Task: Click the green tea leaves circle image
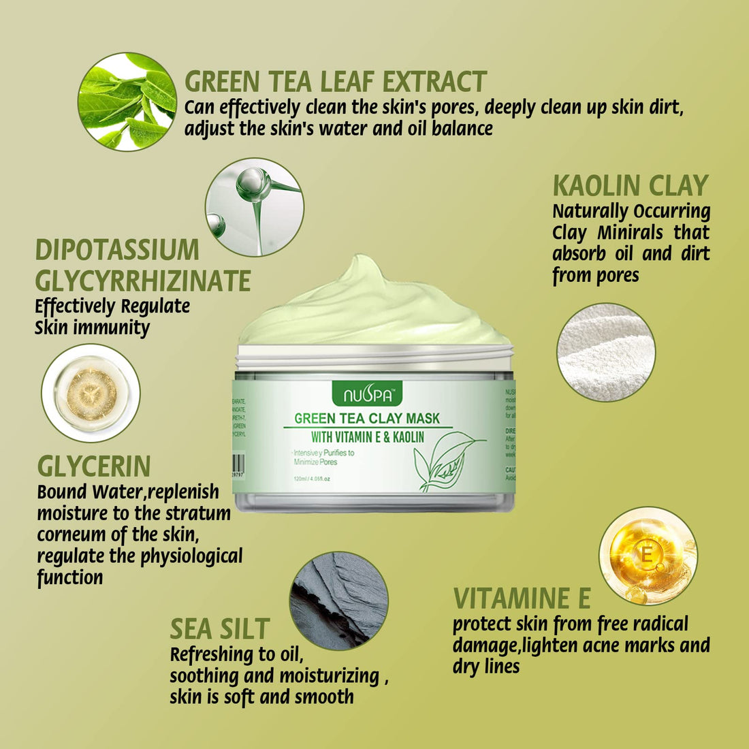[x=127, y=101]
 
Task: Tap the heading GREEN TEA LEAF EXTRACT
[x=336, y=82]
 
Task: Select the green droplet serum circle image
[x=255, y=207]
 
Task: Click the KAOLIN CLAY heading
[x=631, y=186]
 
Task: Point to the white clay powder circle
[x=606, y=352]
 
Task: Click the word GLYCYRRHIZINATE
[x=143, y=281]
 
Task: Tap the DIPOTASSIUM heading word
[x=117, y=250]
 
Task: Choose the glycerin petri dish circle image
[x=91, y=393]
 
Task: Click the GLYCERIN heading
[x=94, y=466]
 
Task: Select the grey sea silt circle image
[x=338, y=601]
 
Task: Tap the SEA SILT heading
[x=220, y=628]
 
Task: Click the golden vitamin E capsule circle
[x=648, y=556]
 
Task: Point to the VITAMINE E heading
[x=522, y=599]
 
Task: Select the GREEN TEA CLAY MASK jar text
[x=367, y=418]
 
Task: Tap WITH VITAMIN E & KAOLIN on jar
[x=368, y=436]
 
